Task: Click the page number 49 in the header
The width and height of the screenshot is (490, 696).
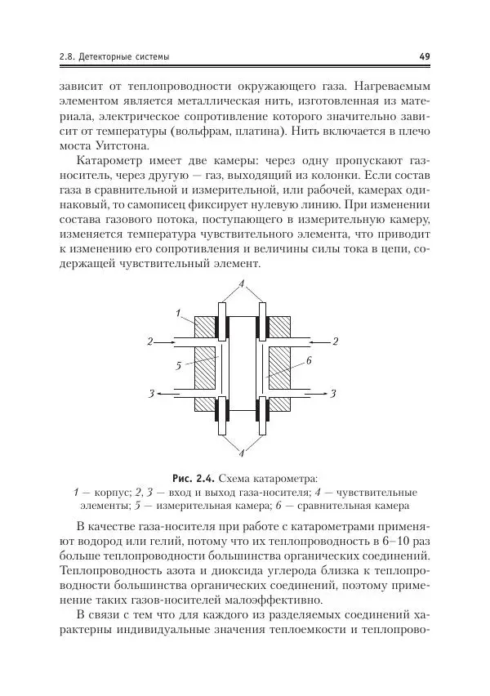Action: (x=424, y=56)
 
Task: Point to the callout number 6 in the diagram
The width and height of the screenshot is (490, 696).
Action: (x=310, y=360)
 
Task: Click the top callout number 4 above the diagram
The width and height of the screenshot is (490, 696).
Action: (x=242, y=283)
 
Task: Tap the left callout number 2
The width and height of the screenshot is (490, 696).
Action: (x=149, y=341)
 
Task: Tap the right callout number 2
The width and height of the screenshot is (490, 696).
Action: (x=335, y=340)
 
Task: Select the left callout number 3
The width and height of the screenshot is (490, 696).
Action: (x=152, y=395)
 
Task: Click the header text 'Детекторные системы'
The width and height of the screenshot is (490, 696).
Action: (x=125, y=56)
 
